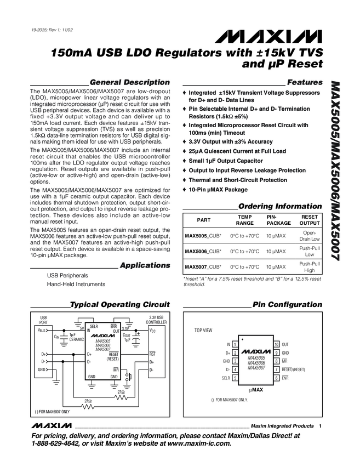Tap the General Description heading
pos(129,82)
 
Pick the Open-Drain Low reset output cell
pos(310,236)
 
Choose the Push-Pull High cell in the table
pos(310,267)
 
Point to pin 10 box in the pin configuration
pos(277,344)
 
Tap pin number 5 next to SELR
pos(235,378)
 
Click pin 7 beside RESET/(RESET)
pos(277,370)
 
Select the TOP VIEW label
pos(203,331)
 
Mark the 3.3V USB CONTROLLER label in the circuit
pos(156,320)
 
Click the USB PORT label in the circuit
pos(44,320)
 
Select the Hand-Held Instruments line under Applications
pos(76,284)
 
